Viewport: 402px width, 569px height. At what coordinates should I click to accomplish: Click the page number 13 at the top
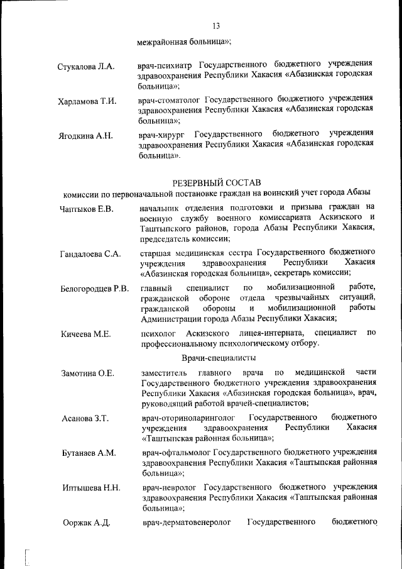pyautogui.click(x=216, y=26)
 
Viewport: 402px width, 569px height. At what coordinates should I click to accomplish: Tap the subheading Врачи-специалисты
pyautogui.click(x=218, y=358)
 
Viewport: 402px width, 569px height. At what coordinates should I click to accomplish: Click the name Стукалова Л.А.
pyautogui.click(x=85, y=67)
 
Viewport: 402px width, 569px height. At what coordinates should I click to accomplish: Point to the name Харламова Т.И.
pyautogui.click(x=87, y=102)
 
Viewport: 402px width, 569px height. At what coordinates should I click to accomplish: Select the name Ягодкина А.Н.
pyautogui.click(x=85, y=138)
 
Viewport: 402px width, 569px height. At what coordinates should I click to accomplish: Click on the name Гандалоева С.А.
pyautogui.click(x=90, y=254)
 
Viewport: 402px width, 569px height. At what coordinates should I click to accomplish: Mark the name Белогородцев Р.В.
pyautogui.click(x=95, y=289)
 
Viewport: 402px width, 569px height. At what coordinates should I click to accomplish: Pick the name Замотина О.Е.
pyautogui.click(x=88, y=373)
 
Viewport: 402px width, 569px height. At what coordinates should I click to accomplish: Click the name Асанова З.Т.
pyautogui.click(x=85, y=418)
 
